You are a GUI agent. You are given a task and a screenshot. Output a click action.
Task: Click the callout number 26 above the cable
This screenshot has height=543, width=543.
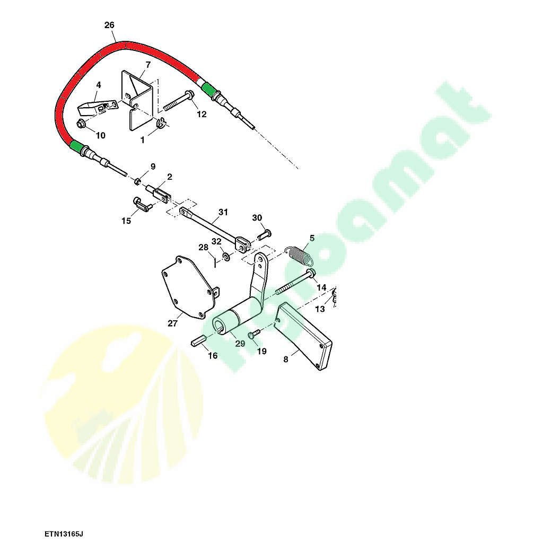click(x=109, y=25)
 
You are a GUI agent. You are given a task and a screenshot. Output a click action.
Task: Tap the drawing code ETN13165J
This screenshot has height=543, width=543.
click(x=64, y=533)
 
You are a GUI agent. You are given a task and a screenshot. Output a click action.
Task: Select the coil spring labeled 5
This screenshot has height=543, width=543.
click(x=299, y=255)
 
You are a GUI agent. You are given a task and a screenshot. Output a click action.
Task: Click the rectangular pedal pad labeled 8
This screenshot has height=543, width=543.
click(x=304, y=335)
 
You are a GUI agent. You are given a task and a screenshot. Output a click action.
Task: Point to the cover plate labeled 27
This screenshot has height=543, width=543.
click(x=189, y=287)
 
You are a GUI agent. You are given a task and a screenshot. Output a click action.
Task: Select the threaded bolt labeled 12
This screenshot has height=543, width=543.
click(x=178, y=100)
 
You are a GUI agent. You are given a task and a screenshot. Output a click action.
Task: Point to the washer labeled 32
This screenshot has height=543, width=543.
click(x=226, y=257)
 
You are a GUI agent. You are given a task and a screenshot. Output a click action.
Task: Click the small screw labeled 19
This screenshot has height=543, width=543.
click(x=254, y=334)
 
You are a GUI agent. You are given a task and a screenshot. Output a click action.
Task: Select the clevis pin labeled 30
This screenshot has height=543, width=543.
click(x=264, y=235)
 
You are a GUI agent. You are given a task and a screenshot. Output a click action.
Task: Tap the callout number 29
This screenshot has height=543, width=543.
click(x=240, y=344)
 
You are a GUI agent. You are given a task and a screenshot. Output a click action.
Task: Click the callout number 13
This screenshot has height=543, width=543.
click(x=320, y=309)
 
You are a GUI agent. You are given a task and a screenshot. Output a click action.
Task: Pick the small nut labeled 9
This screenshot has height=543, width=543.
click(x=137, y=181)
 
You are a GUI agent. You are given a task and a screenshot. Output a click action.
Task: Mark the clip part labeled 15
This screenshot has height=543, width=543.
click(x=142, y=204)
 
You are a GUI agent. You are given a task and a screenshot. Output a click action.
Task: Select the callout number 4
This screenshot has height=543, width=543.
click(x=99, y=85)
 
